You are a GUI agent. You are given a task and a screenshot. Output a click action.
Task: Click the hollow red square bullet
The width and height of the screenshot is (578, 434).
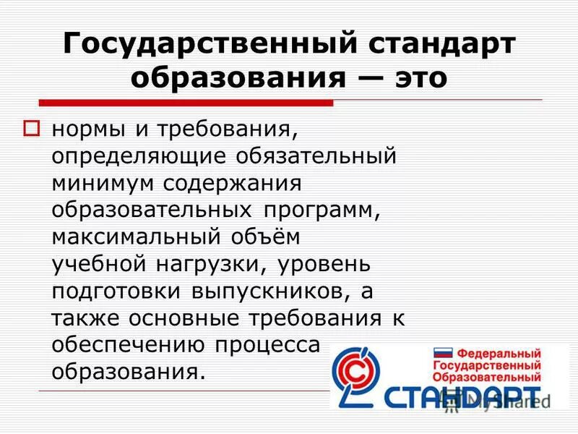pyautogui.click(x=32, y=129)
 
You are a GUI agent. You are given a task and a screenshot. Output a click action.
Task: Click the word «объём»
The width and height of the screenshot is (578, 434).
pyautogui.click(x=258, y=236)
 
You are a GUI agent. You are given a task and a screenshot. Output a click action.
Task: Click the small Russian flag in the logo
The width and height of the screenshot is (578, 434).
pyautogui.click(x=442, y=354)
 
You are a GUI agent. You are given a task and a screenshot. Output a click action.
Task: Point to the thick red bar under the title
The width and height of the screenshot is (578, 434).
pyautogui.click(x=185, y=103)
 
